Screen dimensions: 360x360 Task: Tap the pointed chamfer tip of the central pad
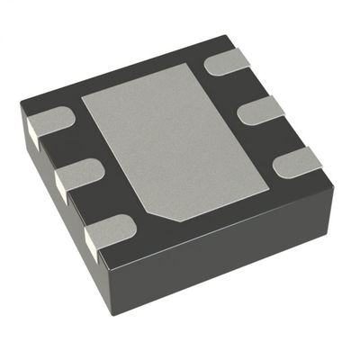pos(179,220)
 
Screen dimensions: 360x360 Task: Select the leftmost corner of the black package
pos(19,105)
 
